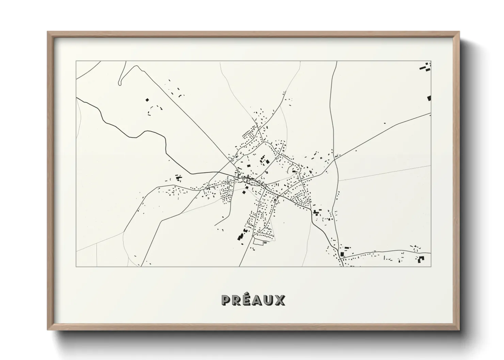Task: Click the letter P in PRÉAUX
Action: coord(226,300)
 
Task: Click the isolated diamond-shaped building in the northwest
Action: coord(147,100)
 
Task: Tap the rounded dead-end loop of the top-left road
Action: coord(120,83)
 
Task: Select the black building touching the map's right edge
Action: coord(429,98)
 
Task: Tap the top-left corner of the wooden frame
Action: coord(48,32)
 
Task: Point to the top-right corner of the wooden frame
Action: coord(459,32)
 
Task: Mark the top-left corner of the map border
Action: coord(76,61)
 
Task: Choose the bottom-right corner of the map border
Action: coord(431,266)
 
